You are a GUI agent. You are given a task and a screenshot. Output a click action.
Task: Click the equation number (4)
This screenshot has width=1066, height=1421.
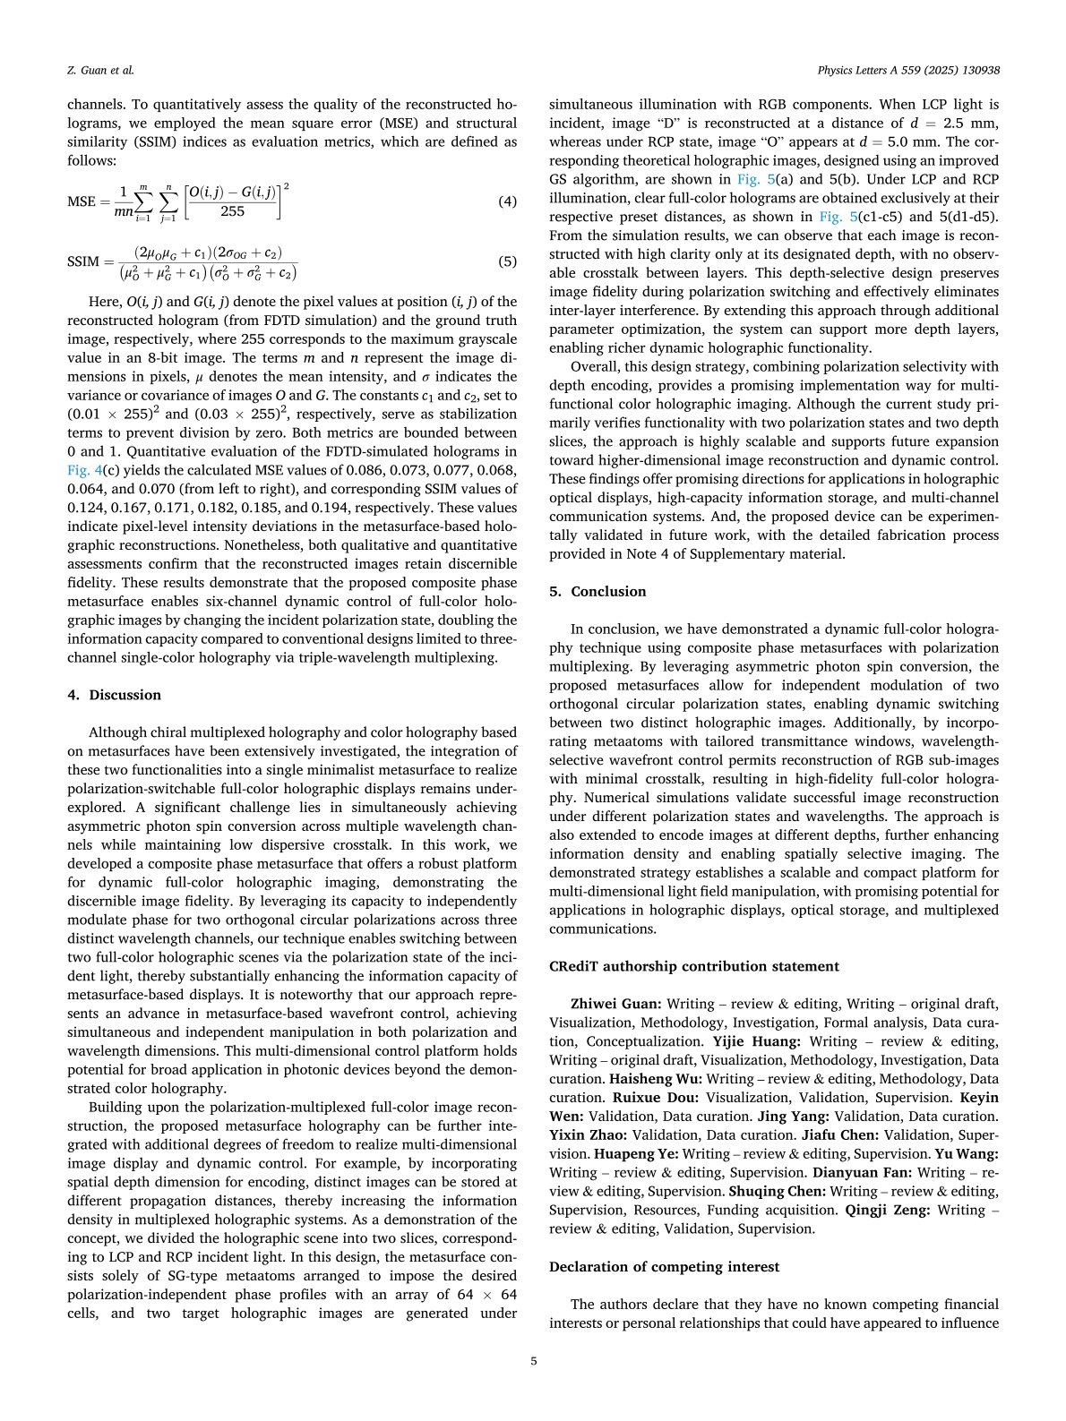tap(507, 201)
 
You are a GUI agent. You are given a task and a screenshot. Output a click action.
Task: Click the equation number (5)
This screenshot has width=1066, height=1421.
tap(507, 261)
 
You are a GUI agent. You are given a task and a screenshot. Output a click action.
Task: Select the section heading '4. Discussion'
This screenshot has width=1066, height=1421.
tap(114, 695)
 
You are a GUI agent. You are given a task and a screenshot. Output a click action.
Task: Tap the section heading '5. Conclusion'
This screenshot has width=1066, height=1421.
tap(597, 591)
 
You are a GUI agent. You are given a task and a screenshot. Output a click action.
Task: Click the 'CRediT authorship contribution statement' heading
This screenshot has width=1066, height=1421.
tap(693, 966)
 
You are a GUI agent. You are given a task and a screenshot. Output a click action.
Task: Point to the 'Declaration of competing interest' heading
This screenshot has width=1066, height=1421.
tap(664, 1266)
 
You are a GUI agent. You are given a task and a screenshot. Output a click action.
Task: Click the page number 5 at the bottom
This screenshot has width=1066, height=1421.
tap(534, 1362)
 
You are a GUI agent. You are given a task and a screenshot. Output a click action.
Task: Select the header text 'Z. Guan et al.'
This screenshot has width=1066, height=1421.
tap(100, 70)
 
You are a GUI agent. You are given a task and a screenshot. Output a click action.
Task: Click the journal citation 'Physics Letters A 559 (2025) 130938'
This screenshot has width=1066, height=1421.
tap(908, 70)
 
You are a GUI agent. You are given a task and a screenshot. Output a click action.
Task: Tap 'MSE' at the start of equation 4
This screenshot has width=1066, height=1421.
tap(82, 201)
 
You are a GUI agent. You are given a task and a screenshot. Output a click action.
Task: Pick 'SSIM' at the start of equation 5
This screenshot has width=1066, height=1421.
tap(83, 261)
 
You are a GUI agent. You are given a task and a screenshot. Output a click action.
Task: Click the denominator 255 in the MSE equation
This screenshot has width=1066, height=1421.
tap(232, 212)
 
